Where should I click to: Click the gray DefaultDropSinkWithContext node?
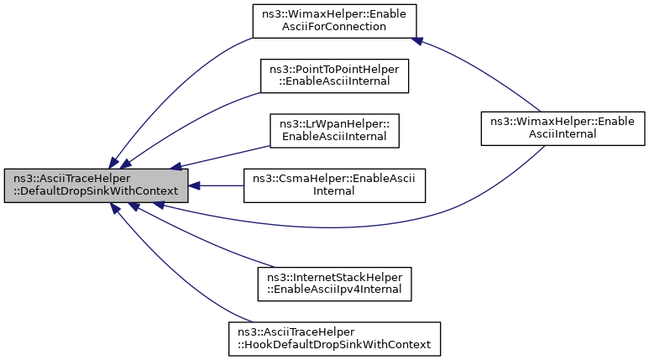coord(95,185)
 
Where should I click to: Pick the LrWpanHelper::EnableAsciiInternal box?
coord(333,130)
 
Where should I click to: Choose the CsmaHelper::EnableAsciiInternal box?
coord(334,185)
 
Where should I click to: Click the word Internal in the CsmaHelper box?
coord(334,191)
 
